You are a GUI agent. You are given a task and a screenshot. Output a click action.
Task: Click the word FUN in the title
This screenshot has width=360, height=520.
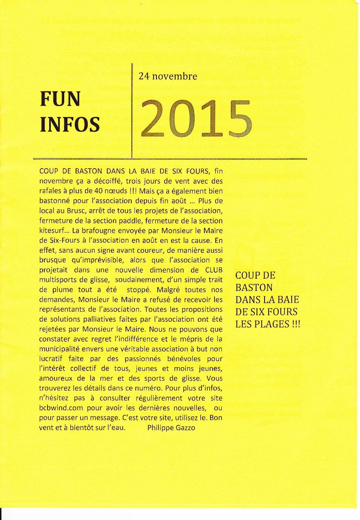coord(60,99)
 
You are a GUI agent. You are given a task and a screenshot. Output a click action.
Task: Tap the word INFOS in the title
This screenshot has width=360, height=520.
coord(69,125)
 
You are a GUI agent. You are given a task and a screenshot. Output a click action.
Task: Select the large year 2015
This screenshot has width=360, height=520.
coord(197,118)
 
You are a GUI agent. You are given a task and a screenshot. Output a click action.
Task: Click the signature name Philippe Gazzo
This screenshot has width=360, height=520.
coord(171,427)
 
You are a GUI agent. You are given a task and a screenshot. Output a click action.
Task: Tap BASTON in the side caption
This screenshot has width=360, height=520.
coord(254,288)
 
